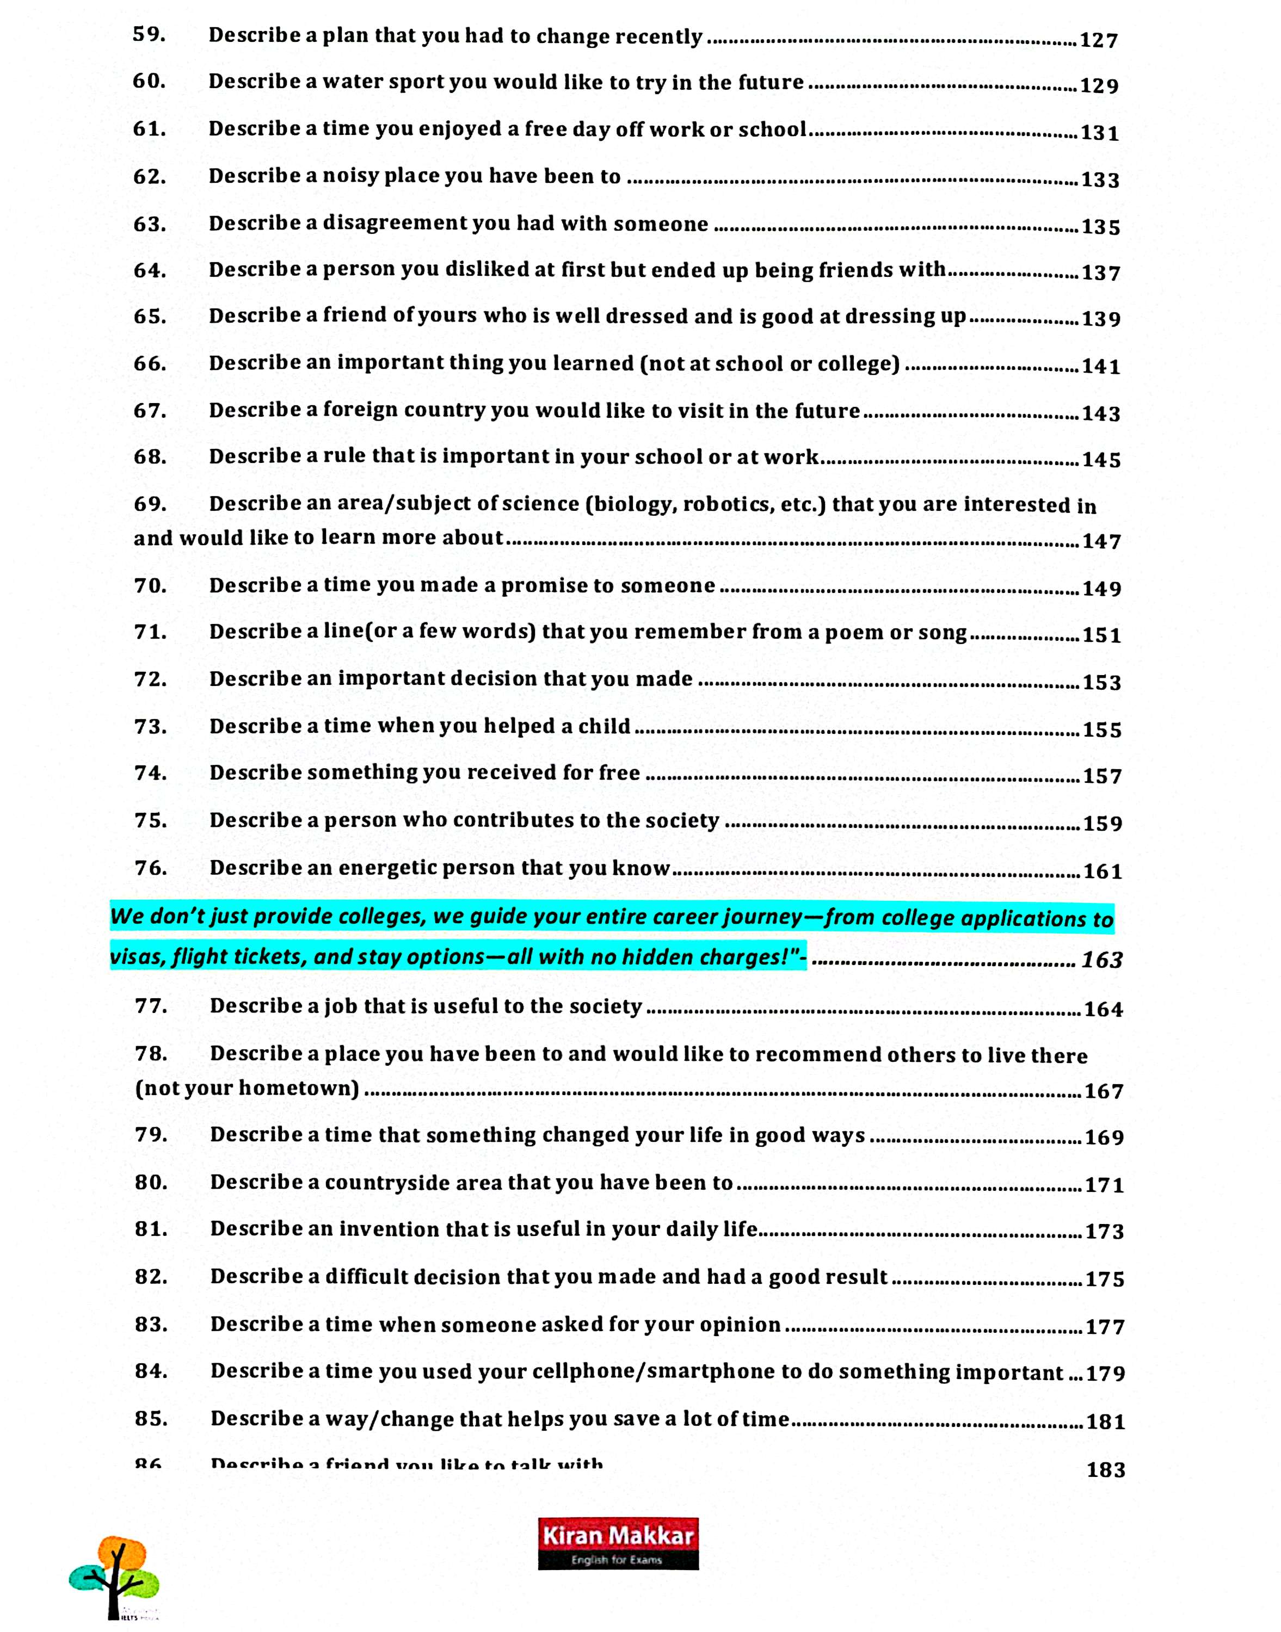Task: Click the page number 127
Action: (x=1099, y=40)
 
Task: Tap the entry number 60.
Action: (x=149, y=81)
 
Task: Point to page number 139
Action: (x=1101, y=319)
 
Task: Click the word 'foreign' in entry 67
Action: (x=360, y=411)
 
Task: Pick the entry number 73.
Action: (x=151, y=726)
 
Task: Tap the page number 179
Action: (x=1105, y=1374)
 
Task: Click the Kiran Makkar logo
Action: (x=618, y=1543)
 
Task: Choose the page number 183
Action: (x=1105, y=1470)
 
